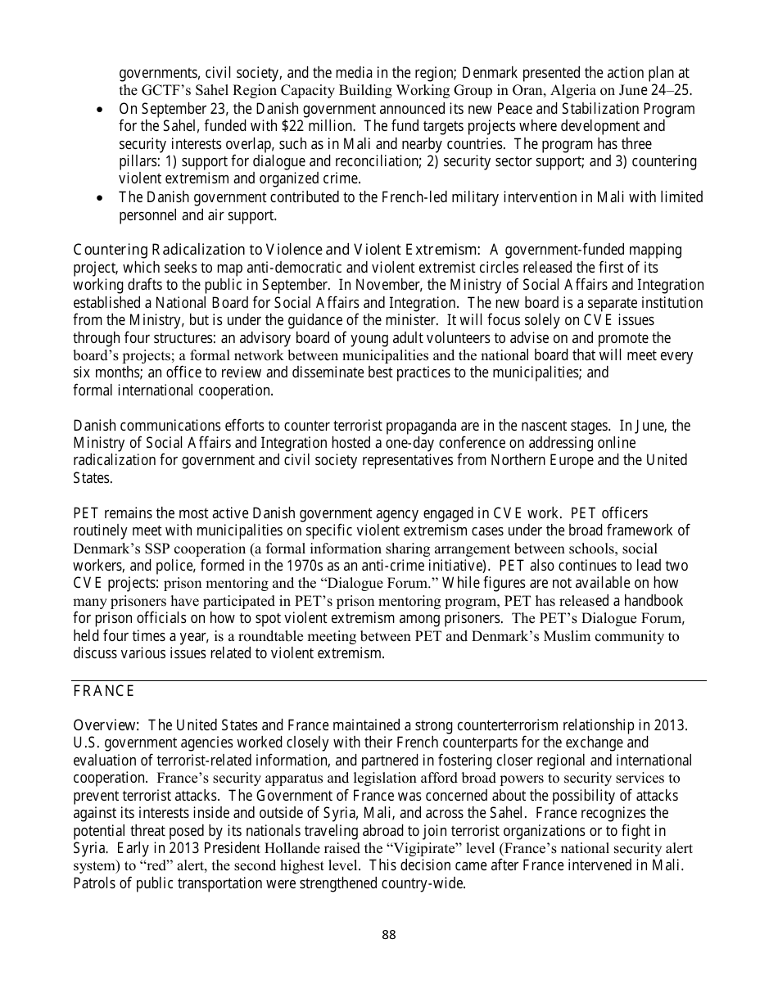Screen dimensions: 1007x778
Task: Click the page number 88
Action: click(388, 934)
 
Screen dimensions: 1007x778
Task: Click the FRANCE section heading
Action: click(103, 691)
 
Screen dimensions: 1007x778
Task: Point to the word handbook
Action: click(652, 600)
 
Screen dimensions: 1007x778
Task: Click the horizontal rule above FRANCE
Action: click(388, 680)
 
